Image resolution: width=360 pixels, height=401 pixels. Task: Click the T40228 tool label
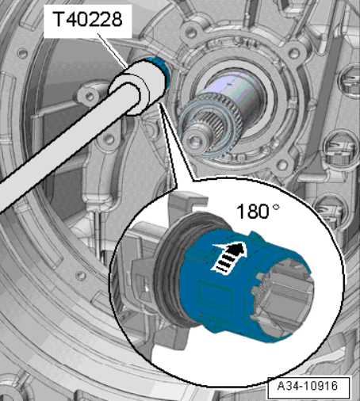(x=87, y=19)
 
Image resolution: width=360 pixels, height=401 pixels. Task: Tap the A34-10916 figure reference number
(x=308, y=386)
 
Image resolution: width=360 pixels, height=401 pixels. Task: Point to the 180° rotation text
(x=258, y=212)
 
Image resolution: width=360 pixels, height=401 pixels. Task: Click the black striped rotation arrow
(x=229, y=258)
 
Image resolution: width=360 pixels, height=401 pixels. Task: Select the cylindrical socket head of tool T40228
(x=137, y=87)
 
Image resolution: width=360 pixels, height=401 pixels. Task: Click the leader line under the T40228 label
(x=113, y=50)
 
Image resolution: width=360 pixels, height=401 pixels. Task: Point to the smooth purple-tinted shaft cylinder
(x=238, y=89)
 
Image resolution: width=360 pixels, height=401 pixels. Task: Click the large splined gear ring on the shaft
(x=212, y=121)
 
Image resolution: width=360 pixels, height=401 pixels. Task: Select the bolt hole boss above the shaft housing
(x=191, y=31)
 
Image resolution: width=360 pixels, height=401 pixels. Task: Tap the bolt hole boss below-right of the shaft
(x=282, y=165)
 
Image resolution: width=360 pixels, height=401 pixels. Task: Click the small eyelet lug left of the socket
(x=90, y=96)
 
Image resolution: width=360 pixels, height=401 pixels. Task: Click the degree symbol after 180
(x=276, y=207)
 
